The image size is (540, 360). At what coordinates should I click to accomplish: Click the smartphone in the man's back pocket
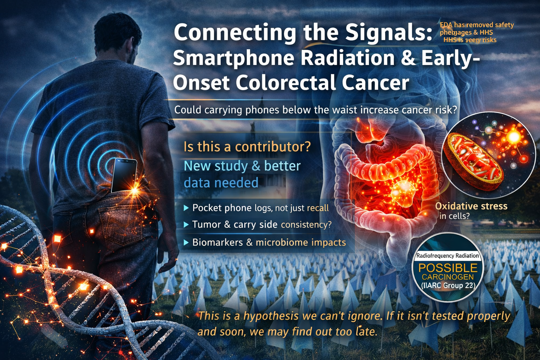tap(124, 175)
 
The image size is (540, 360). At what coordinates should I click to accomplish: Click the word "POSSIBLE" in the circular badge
tap(448, 268)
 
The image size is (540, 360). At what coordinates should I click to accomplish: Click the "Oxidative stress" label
tap(471, 206)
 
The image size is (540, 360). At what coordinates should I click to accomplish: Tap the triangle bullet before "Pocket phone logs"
tap(186, 208)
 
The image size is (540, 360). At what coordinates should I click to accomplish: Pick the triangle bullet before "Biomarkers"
tap(186, 243)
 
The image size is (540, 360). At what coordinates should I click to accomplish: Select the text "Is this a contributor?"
tap(247, 147)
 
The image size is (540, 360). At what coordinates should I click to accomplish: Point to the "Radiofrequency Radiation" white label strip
tap(448, 256)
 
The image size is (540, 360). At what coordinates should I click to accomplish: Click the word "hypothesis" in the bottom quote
tap(271, 316)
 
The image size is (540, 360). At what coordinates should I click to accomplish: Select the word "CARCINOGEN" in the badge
tap(448, 277)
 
